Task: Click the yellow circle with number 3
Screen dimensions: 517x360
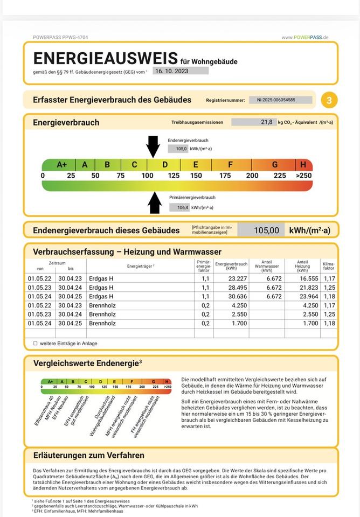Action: tap(329, 100)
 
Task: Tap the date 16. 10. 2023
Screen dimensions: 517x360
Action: tap(171, 71)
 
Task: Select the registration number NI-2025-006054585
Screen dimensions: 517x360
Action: tap(280, 100)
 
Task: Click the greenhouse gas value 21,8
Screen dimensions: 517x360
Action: tap(265, 122)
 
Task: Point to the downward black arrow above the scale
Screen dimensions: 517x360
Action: tap(153, 146)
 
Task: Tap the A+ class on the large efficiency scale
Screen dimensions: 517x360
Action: tap(62, 164)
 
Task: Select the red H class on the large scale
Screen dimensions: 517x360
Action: tap(303, 164)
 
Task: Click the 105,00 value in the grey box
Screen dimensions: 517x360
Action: tap(266, 230)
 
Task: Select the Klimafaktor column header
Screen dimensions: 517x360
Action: tap(329, 266)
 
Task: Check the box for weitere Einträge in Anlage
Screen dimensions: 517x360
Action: tap(36, 343)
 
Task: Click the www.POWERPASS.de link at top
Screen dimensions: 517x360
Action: tap(304, 37)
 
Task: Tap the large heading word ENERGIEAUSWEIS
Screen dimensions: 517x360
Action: tap(106, 58)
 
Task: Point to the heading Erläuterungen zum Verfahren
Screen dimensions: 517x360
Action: tap(88, 455)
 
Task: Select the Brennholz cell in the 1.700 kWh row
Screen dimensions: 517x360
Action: tap(102, 323)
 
